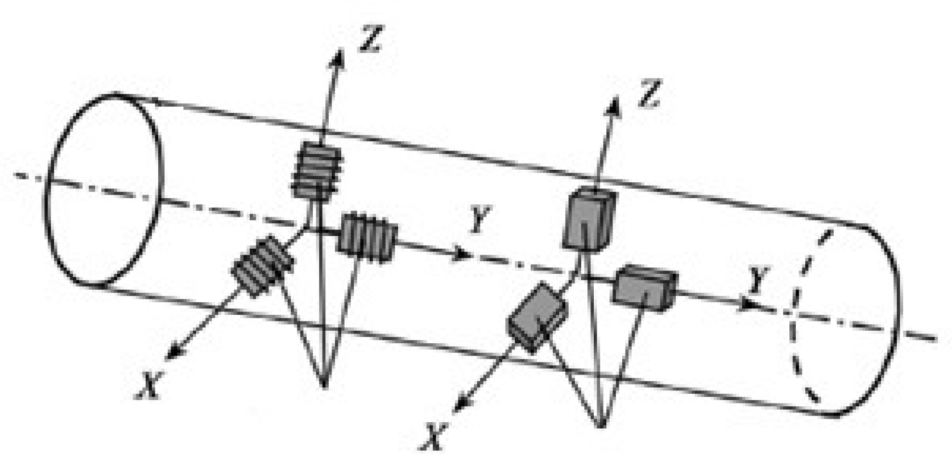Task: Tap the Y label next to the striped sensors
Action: (x=480, y=220)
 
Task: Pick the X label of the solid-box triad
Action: (x=433, y=438)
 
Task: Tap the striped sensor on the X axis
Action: (x=262, y=266)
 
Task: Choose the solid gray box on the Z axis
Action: (x=589, y=218)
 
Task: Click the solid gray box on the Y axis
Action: (x=645, y=287)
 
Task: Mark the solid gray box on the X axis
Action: (x=537, y=316)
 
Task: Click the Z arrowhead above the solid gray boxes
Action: (x=614, y=105)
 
